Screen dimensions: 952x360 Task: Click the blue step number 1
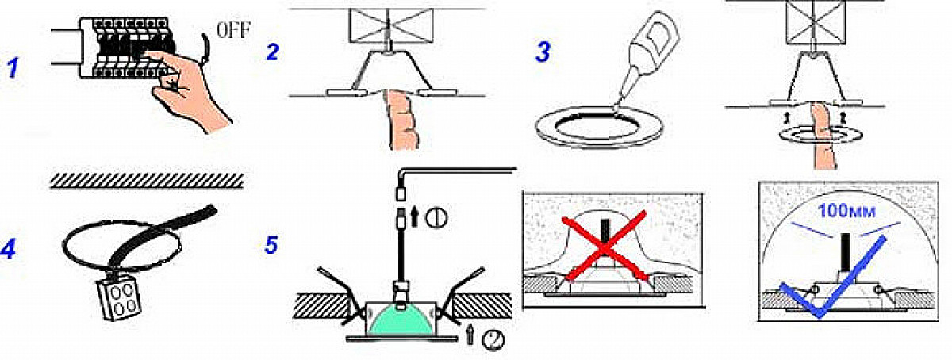click(13, 68)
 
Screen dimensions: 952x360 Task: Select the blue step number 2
click(272, 52)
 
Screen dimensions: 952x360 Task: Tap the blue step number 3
click(543, 52)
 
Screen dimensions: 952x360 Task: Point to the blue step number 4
click(8, 247)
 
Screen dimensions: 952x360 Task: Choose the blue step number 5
click(271, 244)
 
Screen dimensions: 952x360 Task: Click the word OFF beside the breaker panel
click(233, 30)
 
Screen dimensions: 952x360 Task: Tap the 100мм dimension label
click(846, 210)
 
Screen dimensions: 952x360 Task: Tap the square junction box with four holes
click(118, 298)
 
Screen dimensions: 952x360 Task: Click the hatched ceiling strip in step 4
click(147, 181)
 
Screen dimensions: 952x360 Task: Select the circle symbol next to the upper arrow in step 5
click(438, 218)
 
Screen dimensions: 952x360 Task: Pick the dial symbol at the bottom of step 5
click(493, 340)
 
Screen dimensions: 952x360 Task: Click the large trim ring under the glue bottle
click(598, 128)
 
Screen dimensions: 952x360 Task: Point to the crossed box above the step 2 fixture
click(390, 25)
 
